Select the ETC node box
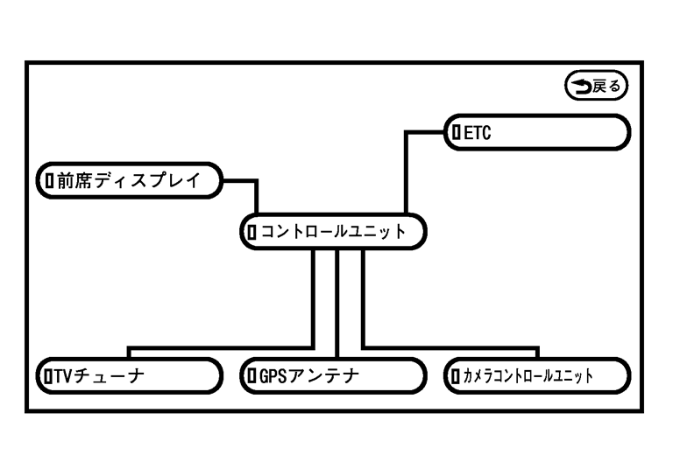coord(538,132)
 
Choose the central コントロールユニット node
coord(332,232)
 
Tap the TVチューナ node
coord(127,375)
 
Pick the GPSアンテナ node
coord(330,375)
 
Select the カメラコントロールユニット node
coord(535,375)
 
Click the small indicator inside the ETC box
coord(457,132)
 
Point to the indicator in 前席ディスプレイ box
coord(49,181)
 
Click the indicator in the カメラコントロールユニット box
coord(455,375)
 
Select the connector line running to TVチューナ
coord(219,347)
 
